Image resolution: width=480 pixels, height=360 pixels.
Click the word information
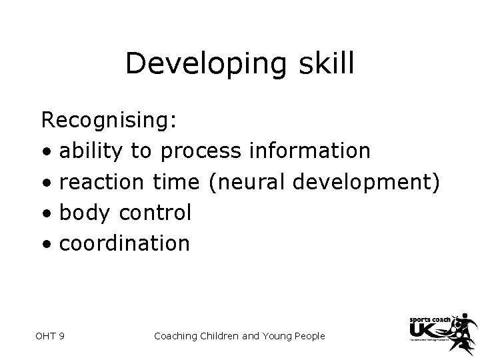[x=309, y=151]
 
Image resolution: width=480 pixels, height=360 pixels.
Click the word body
[x=85, y=213]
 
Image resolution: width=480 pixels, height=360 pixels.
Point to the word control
[x=155, y=213]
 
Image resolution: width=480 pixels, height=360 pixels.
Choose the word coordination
[x=125, y=243]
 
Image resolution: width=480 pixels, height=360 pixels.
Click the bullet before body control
[x=47, y=215]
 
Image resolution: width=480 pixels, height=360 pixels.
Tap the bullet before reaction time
[x=47, y=184]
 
